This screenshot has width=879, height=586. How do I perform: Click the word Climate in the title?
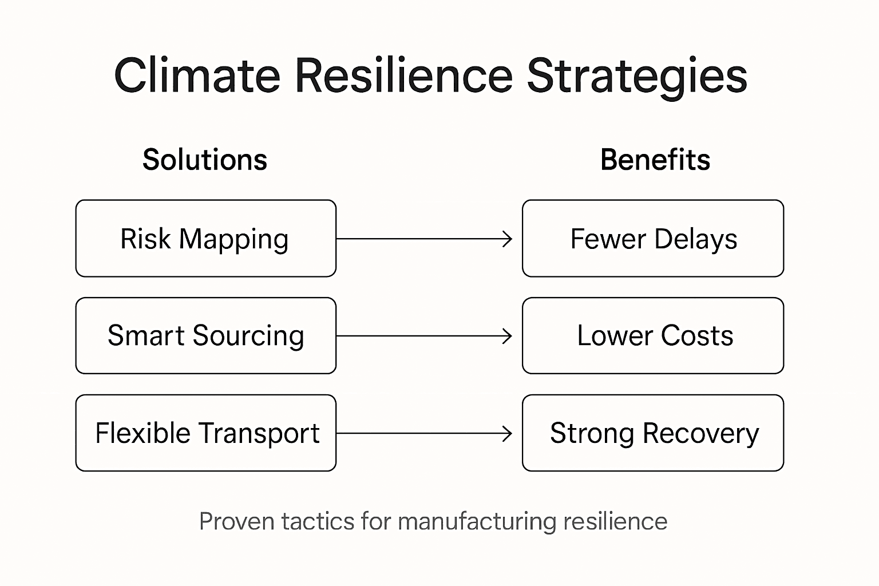coord(197,76)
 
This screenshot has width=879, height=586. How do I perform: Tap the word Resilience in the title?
coord(403,76)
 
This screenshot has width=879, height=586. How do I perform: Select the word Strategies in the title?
coord(636,77)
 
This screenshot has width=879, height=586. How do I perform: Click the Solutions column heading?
coord(205,160)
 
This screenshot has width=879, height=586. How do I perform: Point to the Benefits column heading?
coord(655,160)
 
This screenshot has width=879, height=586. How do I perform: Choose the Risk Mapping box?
coord(205,239)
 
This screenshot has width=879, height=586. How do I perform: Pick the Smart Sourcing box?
coord(205,336)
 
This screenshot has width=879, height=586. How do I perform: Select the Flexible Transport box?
coord(205,433)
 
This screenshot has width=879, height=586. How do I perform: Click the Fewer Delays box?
coord(653,239)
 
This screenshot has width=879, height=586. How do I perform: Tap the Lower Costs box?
coord(653,336)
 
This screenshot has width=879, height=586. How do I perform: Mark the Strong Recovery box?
coord(653,433)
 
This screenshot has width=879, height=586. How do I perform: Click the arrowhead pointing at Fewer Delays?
coord(508,239)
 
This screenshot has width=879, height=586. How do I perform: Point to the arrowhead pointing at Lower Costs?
coord(508,336)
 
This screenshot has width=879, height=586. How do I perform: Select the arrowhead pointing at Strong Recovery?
coord(508,433)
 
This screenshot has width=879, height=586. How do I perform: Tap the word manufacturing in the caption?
coord(476,522)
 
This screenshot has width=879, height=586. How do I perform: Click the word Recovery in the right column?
coord(701,434)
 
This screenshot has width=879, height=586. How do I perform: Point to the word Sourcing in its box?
coord(248,336)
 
